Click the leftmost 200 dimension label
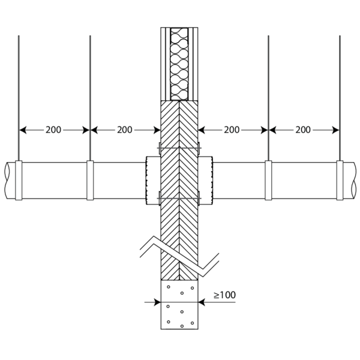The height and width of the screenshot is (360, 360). click(53, 130)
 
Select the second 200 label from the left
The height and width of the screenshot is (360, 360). click(125, 130)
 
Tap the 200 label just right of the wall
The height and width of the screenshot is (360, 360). click(232, 130)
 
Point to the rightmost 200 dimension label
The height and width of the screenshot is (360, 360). click(303, 130)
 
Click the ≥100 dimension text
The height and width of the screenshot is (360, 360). click(224, 295)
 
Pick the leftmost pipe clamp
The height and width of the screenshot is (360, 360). click(19, 180)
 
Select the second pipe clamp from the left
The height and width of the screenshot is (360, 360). click(90, 180)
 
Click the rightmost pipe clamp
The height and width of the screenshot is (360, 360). click(340, 180)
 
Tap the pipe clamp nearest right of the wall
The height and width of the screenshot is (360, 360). click(268, 180)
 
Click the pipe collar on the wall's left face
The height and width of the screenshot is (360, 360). click(153, 181)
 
